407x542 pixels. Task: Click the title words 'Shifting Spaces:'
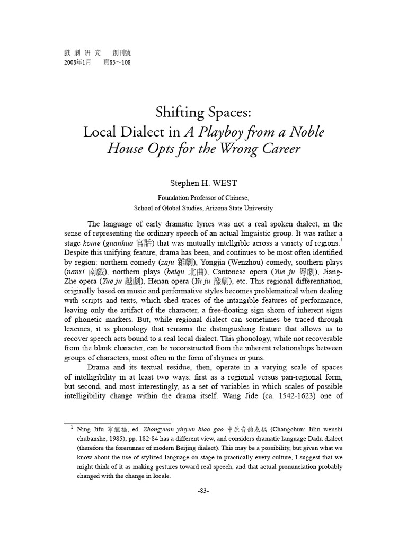click(203, 112)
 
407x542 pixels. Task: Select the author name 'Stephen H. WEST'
click(203, 183)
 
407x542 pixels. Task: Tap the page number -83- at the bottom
click(203, 491)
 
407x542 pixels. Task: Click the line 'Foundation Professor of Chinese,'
click(203, 197)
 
